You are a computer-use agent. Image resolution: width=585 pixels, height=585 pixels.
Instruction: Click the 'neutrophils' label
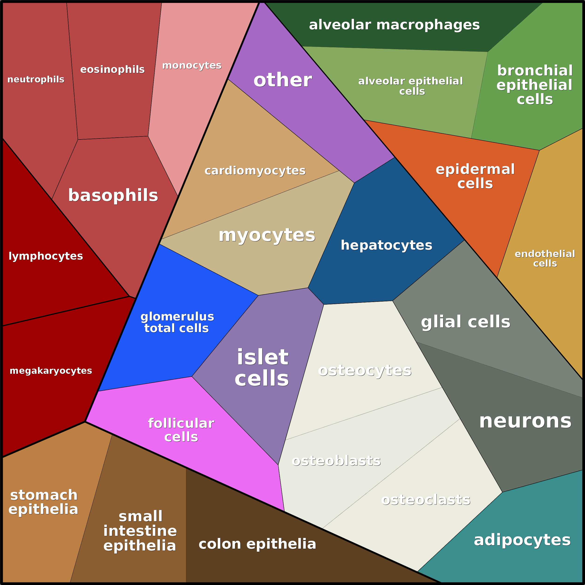coord(36,79)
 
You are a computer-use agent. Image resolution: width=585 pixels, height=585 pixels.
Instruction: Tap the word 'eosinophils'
coord(112,69)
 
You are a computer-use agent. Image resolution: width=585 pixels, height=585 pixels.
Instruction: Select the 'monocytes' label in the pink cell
coord(192,65)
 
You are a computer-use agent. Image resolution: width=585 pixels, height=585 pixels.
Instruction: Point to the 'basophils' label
coord(113,195)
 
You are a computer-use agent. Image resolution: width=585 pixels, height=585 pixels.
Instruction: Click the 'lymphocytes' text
coord(46,256)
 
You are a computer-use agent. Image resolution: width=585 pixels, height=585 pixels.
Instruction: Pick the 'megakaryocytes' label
coord(51,371)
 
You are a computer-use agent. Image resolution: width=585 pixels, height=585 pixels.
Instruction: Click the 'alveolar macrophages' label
coord(394,25)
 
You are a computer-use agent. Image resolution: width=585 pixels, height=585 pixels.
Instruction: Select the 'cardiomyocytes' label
coord(255,171)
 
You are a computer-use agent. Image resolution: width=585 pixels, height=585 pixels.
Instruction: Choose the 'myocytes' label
coord(267,235)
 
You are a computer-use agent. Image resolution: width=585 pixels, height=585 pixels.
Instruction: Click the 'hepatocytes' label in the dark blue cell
coord(386,245)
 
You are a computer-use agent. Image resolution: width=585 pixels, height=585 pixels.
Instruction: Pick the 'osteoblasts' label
coord(336,461)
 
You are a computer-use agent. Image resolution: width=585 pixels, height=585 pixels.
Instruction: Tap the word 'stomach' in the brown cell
coord(44,495)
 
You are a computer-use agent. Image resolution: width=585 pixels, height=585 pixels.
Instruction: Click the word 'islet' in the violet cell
coord(262,357)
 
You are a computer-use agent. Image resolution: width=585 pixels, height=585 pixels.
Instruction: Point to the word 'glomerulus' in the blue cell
coord(177,317)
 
